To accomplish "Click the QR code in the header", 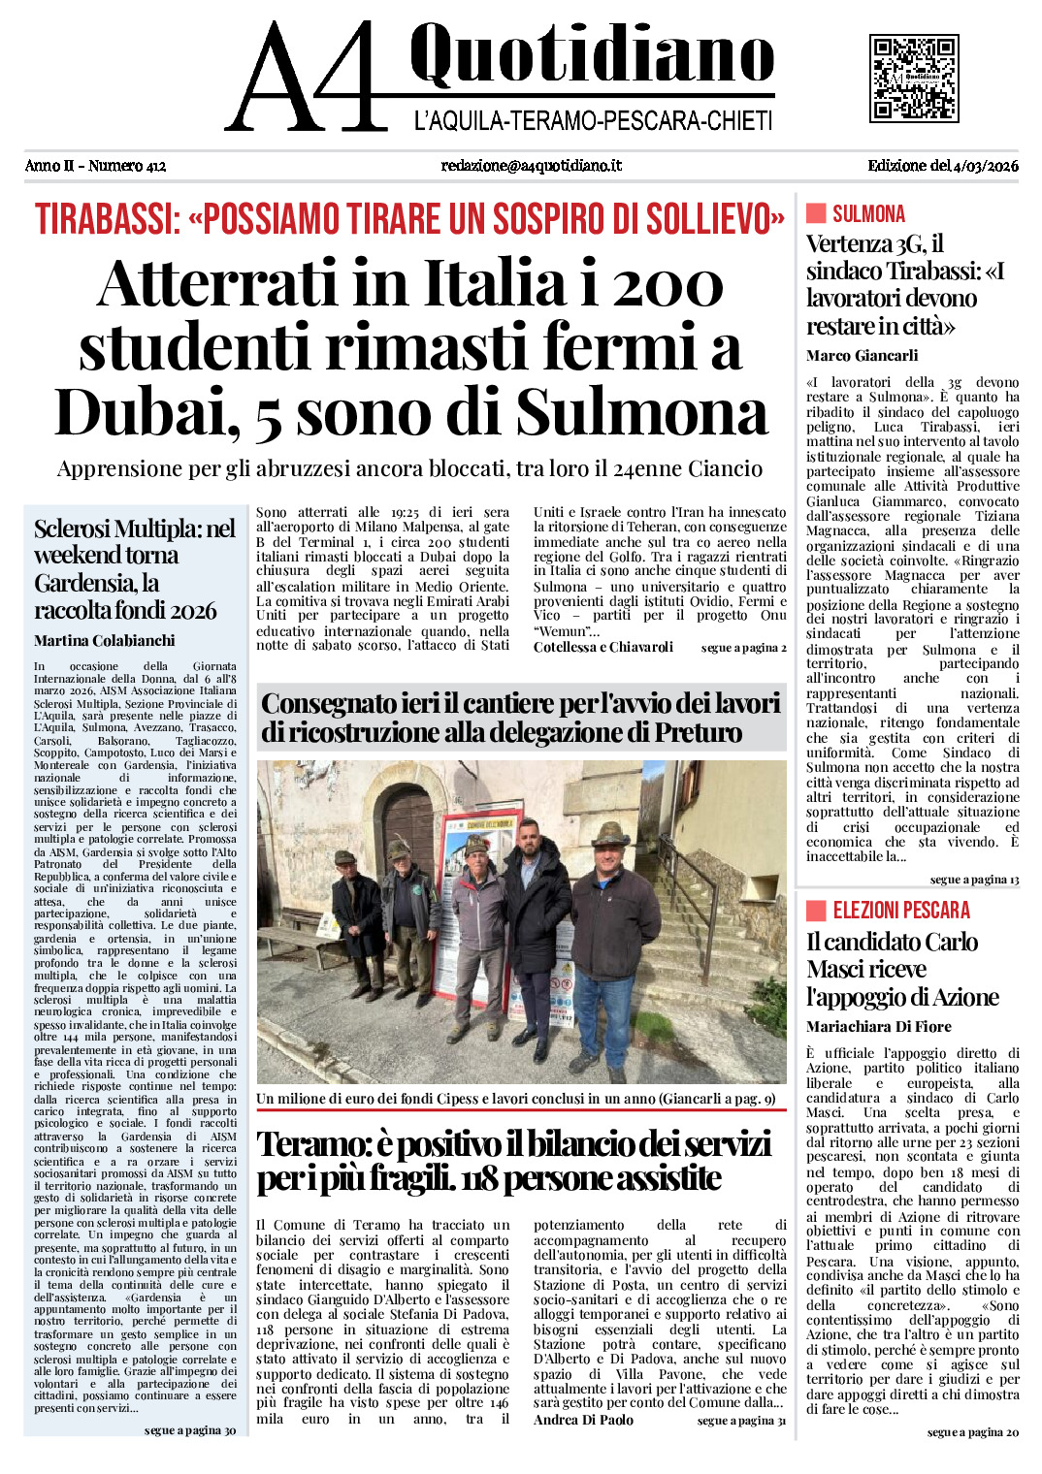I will pyautogui.click(x=914, y=79).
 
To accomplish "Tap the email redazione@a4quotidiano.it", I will pyautogui.click(x=531, y=166).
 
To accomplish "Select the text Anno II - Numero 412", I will pyautogui.click(x=95, y=166).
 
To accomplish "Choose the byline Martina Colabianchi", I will pyautogui.click(x=105, y=641).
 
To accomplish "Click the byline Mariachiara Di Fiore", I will pyautogui.click(x=878, y=1027).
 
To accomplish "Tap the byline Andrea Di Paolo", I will pyautogui.click(x=583, y=1420).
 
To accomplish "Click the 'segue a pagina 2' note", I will pyautogui.click(x=743, y=648).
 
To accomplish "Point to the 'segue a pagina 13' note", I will pyautogui.click(x=974, y=880).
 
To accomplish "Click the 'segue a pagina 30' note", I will pyautogui.click(x=190, y=1430).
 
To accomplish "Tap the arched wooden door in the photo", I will pyautogui.click(x=408, y=834).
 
